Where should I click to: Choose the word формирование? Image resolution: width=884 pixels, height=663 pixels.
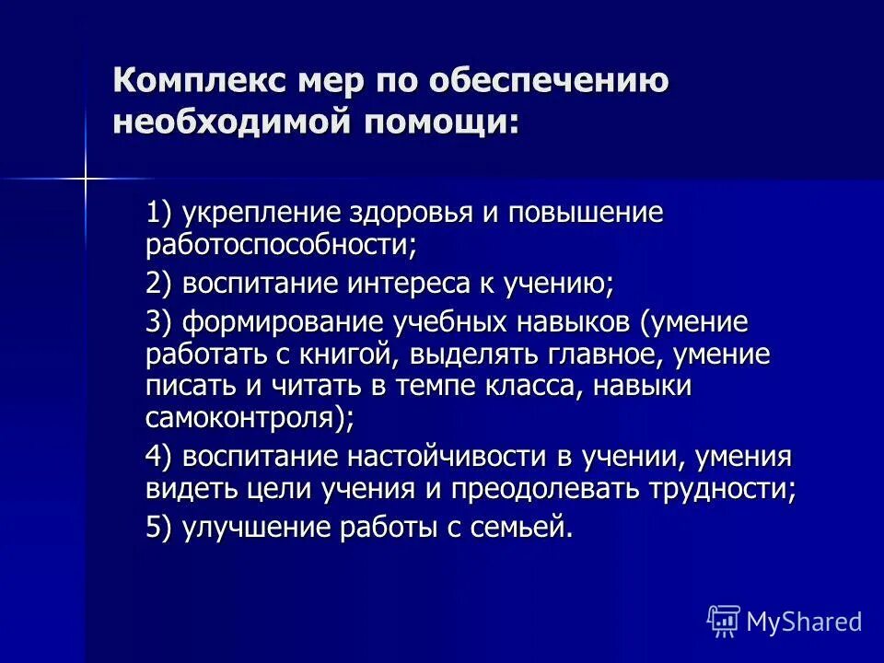pos(283,323)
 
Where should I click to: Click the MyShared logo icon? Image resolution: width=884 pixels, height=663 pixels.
pos(724,621)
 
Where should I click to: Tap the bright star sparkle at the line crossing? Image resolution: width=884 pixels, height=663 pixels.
pos(86,178)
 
